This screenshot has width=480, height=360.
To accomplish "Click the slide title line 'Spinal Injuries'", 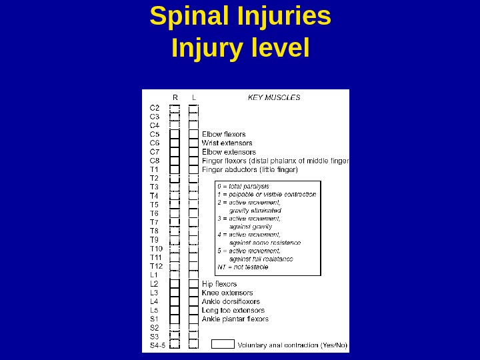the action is tap(240, 17).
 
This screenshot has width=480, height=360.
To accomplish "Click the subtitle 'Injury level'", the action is tap(240, 48).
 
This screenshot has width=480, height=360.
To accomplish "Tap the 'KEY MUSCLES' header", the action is tap(274, 97).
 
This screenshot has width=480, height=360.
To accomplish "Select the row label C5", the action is tap(155, 134).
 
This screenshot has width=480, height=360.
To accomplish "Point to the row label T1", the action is tap(155, 169).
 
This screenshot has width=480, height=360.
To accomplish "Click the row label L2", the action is tap(155, 284).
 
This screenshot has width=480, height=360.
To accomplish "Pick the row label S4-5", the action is tap(157, 345).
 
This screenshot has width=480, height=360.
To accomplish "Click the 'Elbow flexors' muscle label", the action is tap(224, 134).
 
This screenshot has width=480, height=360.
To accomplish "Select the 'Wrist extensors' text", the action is tap(227, 143).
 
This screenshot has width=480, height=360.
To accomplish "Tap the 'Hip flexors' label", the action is tap(219, 284).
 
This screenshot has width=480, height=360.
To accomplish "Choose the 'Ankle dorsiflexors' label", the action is tap(231, 301).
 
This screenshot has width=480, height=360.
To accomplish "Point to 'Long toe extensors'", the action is tap(233, 310).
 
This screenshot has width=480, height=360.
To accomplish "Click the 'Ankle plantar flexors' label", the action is tap(235, 319).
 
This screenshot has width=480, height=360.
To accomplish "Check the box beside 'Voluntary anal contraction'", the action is tap(223, 344).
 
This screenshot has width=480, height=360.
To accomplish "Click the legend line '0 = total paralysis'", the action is tap(244, 186).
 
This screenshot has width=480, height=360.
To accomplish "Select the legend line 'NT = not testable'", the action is tap(243, 267).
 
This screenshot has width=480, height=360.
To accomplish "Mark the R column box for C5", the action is tap(175, 134).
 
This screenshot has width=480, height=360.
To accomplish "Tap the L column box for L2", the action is tap(193, 284).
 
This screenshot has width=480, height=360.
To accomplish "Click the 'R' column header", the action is tap(175, 97).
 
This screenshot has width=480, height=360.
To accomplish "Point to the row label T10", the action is tap(156, 249).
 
